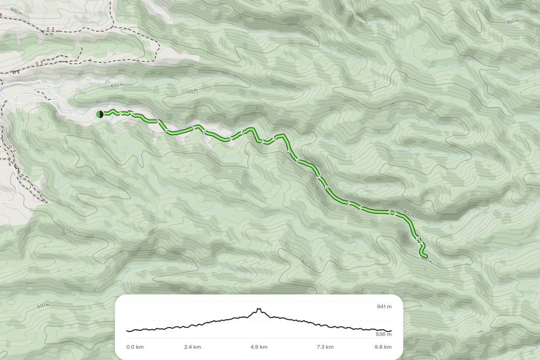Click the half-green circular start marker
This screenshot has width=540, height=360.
tap(99, 114)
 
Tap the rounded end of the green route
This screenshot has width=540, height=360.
tap(425, 256)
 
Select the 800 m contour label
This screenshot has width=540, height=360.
tap(408, 215)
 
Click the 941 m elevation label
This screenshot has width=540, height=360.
tap(384, 307)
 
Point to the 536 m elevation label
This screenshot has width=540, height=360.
tap(384, 334)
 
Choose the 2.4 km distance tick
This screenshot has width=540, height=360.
tap(193, 347)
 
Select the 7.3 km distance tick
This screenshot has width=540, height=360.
tap(325, 347)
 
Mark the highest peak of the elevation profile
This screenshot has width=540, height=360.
tap(259, 309)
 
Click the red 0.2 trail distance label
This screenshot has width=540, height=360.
tap(51, 28)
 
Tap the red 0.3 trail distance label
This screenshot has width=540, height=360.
tap(39, 64)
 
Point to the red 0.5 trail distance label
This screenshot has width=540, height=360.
tap(12, 149)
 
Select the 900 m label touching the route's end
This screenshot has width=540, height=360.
tap(426, 260)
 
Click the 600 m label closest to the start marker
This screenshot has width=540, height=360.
tap(117, 86)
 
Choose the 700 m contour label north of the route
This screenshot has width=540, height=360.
tap(191, 92)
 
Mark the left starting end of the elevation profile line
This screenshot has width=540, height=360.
tap(127, 330)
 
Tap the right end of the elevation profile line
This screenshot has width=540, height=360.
tap(390, 331)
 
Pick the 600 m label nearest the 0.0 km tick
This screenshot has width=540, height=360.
tap(43, 306)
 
